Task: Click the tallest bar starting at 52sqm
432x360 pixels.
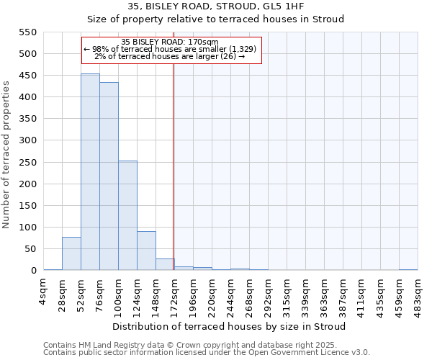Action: (x=90, y=172)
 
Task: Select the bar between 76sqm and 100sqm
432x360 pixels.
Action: (x=109, y=176)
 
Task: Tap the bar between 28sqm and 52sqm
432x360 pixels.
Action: (x=71, y=253)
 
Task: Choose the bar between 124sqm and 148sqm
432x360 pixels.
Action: (x=146, y=251)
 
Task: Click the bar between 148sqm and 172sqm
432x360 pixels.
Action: (x=165, y=264)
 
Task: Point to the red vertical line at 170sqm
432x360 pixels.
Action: (x=173, y=166)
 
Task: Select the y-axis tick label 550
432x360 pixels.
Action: (x=27, y=32)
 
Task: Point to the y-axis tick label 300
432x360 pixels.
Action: (x=27, y=140)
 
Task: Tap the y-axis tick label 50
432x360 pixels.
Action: (x=30, y=249)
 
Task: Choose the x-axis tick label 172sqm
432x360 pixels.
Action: (x=175, y=294)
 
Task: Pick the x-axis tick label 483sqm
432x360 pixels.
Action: (x=418, y=294)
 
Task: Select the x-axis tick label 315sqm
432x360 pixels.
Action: (x=287, y=294)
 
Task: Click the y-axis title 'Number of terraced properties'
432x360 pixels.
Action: (x=6, y=155)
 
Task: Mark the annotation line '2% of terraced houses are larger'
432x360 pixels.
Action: (x=170, y=56)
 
